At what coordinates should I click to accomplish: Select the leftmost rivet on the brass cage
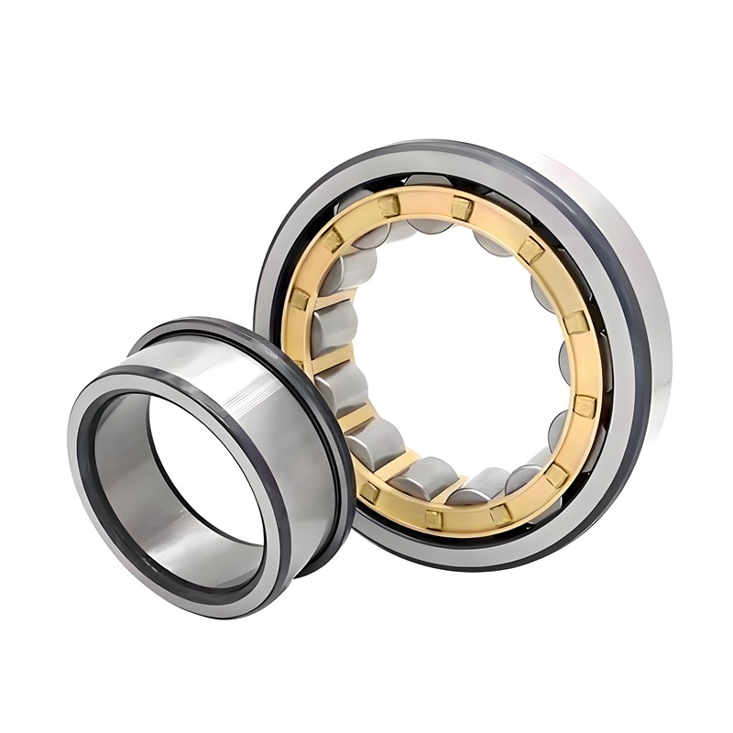(300, 299)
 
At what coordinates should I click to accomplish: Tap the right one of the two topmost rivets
(461, 209)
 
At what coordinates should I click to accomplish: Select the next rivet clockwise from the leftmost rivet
(330, 239)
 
